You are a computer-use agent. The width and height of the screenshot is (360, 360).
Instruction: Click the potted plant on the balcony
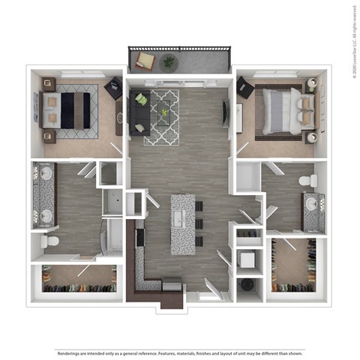point(169,61)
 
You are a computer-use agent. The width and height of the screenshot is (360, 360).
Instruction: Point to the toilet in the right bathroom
point(307,181)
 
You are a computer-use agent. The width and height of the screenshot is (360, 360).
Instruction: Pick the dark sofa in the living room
point(139,112)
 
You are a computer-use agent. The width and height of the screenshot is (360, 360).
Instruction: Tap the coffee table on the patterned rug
point(163,112)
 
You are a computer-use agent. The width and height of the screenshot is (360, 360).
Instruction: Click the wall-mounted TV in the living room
point(225,112)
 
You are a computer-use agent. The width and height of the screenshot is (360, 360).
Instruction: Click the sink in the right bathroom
point(313,202)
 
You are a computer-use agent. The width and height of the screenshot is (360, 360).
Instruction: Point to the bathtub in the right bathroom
point(247,178)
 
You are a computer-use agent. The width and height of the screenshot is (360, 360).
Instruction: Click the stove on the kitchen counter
point(139,238)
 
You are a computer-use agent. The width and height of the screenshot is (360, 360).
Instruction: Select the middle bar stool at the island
point(199,223)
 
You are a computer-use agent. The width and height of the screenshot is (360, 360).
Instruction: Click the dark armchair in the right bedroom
point(245,88)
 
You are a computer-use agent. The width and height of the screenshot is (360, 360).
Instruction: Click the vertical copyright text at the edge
point(352,37)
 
